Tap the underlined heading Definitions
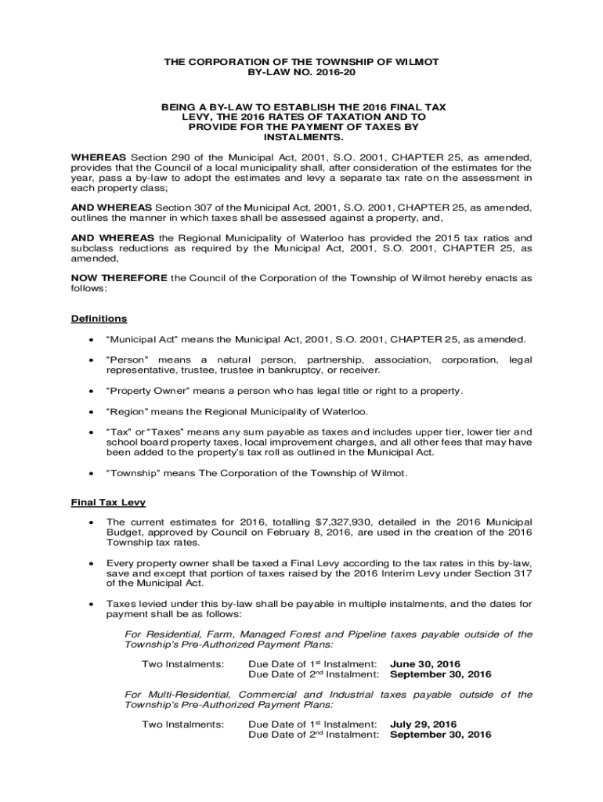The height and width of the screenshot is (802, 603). pyautogui.click(x=99, y=319)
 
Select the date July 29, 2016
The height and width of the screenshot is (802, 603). pyautogui.click(x=424, y=724)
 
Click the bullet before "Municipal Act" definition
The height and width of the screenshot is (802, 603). pyautogui.click(x=92, y=339)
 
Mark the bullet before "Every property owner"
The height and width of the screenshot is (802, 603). pyautogui.click(x=92, y=562)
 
